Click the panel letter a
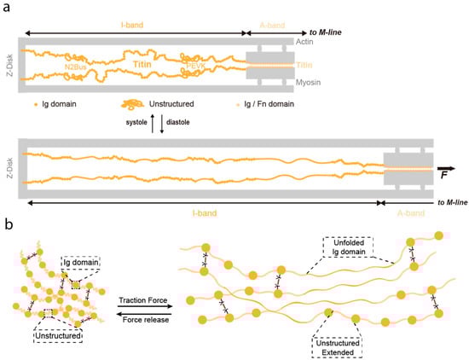(x=8, y=9)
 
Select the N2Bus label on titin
(x=78, y=66)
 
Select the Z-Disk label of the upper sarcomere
(x=9, y=62)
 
